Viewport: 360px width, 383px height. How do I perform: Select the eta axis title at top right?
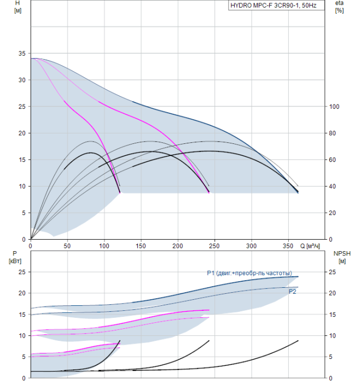pos(339,3)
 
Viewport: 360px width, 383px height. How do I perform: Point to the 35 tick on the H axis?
pos(21,54)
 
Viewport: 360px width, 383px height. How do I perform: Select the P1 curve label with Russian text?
pos(249,273)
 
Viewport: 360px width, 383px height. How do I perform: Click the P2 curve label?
pos(293,292)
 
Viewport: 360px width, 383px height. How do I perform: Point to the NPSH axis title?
pos(341,253)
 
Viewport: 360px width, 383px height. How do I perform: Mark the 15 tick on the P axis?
pos(21,315)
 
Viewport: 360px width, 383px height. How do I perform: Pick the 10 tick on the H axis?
pos(21,187)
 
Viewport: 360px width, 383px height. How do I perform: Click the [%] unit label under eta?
pos(339,11)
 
